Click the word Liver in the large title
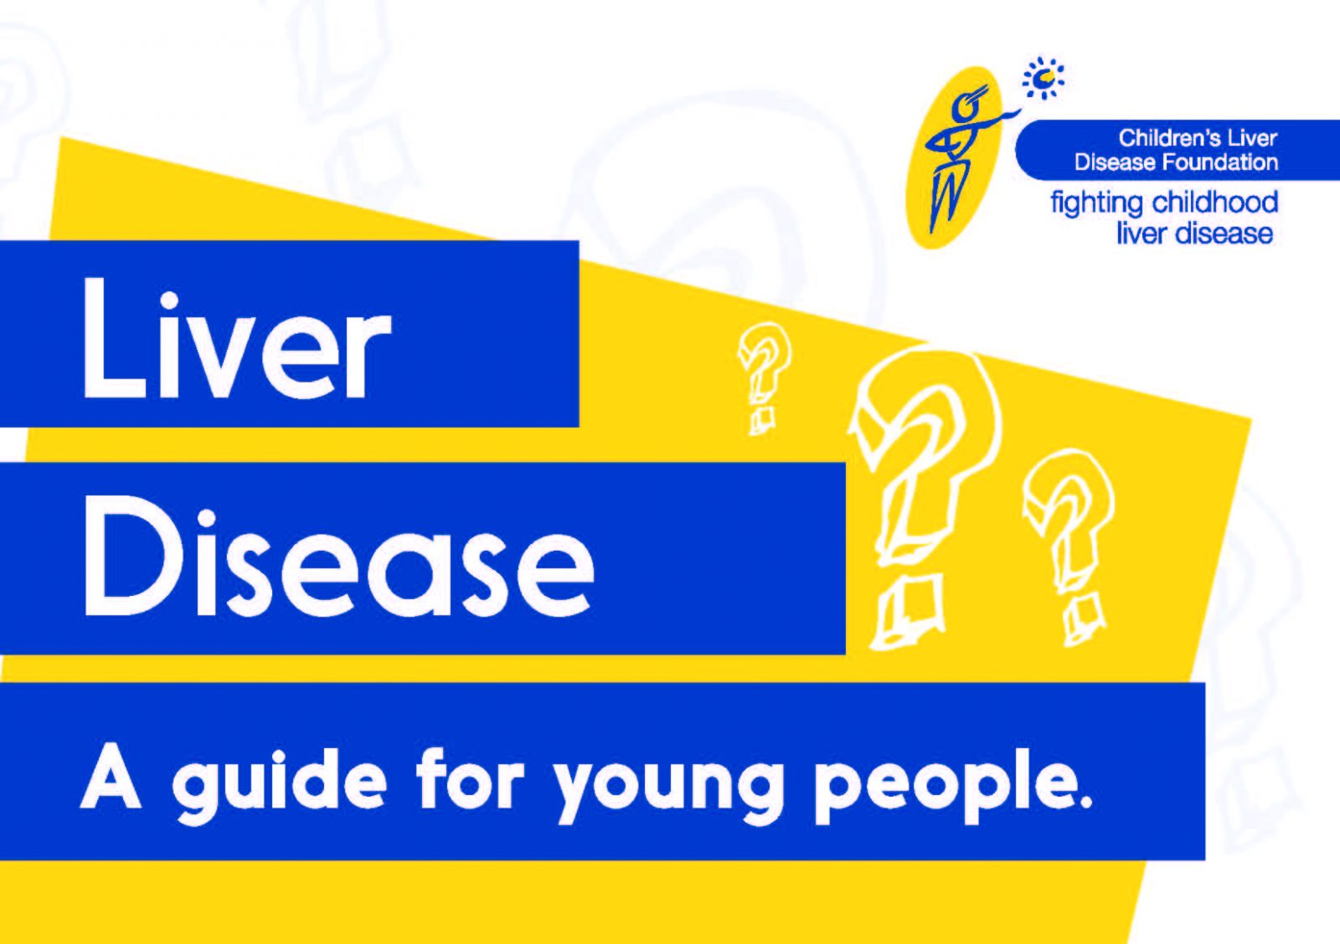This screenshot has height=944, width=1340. point(237,338)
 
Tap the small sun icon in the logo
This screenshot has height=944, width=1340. point(1044,78)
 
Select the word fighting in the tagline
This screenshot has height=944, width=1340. point(1097,204)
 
